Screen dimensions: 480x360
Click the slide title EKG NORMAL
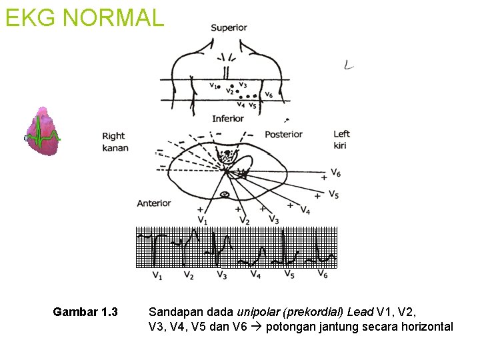click(84, 17)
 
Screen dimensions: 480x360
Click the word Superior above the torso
click(229, 28)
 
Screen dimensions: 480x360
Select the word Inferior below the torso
click(228, 119)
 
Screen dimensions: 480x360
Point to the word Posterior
click(283, 135)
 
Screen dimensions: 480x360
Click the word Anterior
click(154, 203)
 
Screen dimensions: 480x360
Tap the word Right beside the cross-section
click(113, 137)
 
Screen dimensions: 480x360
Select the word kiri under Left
click(341, 145)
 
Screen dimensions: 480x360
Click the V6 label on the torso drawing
click(268, 95)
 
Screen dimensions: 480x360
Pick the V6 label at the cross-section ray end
click(335, 174)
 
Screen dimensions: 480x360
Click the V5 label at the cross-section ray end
click(333, 195)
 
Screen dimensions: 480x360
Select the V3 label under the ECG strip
click(222, 275)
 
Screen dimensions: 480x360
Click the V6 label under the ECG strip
click(322, 274)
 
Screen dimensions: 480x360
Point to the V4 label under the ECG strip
click(255, 275)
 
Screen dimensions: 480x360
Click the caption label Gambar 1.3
click(85, 312)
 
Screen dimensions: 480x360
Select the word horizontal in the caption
click(427, 327)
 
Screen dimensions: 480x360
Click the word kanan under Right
click(115, 147)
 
